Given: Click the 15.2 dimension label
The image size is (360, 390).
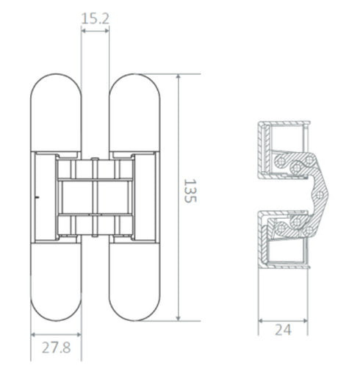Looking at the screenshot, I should (95, 18).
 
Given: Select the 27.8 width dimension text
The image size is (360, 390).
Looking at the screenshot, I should (56, 347).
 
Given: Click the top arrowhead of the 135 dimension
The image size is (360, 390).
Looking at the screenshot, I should (179, 76).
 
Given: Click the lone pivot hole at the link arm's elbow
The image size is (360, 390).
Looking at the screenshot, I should (322, 193).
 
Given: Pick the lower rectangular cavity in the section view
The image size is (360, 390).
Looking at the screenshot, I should (286, 254).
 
